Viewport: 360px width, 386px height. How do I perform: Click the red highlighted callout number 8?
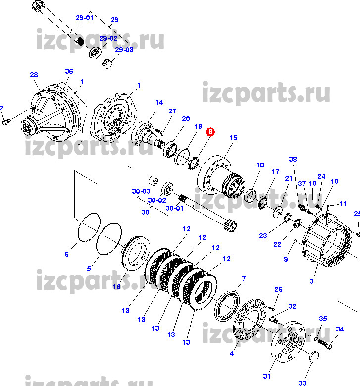click(x=210, y=132)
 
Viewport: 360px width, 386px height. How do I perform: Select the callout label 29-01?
click(x=84, y=18)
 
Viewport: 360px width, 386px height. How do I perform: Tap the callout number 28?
click(x=34, y=75)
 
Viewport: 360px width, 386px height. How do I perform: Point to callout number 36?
click(x=69, y=71)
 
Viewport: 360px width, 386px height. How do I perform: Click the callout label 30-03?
click(x=141, y=191)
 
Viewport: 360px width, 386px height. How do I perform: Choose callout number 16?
click(x=117, y=287)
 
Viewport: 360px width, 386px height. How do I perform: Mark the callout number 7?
click(x=244, y=279)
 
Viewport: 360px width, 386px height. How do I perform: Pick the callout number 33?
click(x=302, y=383)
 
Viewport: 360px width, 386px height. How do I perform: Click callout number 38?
click(x=293, y=159)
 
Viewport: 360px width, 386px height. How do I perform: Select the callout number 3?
click(x=311, y=281)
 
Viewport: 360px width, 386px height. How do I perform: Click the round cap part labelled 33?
click(x=314, y=357)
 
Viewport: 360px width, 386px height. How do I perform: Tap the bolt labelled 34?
click(x=325, y=343)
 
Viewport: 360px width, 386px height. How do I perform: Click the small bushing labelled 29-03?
click(x=107, y=63)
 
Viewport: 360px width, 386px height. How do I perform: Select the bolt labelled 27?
click(x=160, y=131)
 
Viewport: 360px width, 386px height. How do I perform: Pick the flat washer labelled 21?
click(x=278, y=212)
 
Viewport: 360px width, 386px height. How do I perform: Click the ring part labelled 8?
click(x=194, y=163)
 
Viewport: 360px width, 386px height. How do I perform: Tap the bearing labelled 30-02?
click(x=167, y=189)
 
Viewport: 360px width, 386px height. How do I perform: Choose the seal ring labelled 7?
click(x=227, y=306)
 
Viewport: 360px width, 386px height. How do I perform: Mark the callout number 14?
click(x=159, y=102)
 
